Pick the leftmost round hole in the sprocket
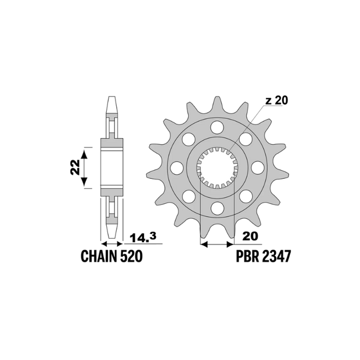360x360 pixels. tap(177, 168)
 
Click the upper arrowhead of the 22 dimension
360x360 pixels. tap(85, 152)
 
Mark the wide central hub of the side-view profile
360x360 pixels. tap(113, 167)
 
